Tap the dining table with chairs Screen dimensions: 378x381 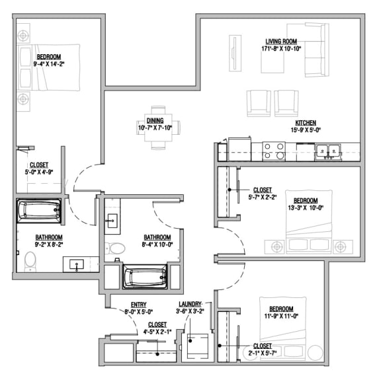coord(157,128)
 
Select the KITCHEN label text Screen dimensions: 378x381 coord(306,123)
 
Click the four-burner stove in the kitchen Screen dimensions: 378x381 coord(273,152)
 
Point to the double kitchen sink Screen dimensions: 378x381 coord(327,152)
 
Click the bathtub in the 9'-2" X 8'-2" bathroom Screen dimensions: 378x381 coord(38,211)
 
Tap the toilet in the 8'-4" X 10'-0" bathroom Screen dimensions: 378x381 coord(116,249)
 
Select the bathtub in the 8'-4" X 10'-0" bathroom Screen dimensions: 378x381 coord(145,276)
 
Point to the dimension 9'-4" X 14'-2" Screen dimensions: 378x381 coord(50,65)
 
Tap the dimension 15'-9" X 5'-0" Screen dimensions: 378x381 coord(306,131)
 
